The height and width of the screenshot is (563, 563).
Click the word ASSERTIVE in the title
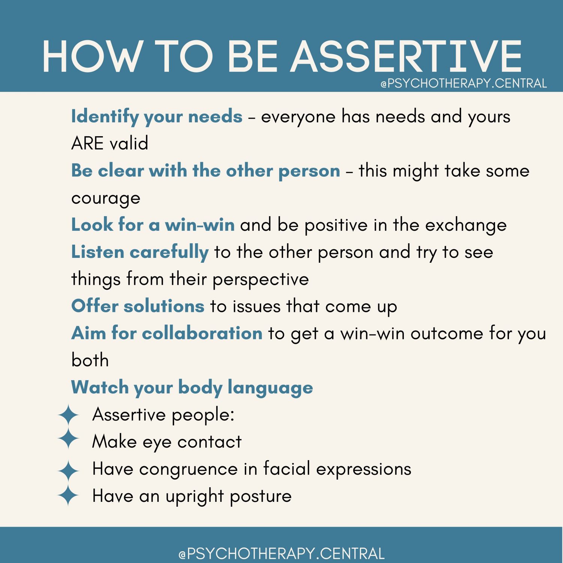click(x=406, y=56)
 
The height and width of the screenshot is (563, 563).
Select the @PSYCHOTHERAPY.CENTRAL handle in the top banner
click(x=464, y=83)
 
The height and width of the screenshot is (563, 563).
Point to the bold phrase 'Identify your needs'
click(x=157, y=116)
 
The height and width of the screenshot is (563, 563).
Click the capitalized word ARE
click(x=87, y=143)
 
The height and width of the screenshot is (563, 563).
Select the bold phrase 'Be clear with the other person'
click(x=206, y=171)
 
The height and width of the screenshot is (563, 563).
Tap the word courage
click(x=106, y=198)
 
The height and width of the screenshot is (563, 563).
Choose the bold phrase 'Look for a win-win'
click(x=153, y=225)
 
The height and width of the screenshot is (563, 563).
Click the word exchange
click(x=466, y=225)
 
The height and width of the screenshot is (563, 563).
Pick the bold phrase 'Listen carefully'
click(x=140, y=252)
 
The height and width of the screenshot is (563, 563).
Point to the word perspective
click(x=260, y=279)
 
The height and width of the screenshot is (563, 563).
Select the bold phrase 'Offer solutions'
click(x=138, y=306)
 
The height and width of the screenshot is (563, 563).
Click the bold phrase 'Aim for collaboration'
click(x=167, y=333)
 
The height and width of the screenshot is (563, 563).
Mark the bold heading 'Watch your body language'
click(x=192, y=387)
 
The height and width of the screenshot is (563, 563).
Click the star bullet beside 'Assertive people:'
click(x=68, y=415)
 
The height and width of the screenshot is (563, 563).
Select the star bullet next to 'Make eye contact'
click(x=68, y=438)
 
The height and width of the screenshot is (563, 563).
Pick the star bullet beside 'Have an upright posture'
click(x=68, y=495)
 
